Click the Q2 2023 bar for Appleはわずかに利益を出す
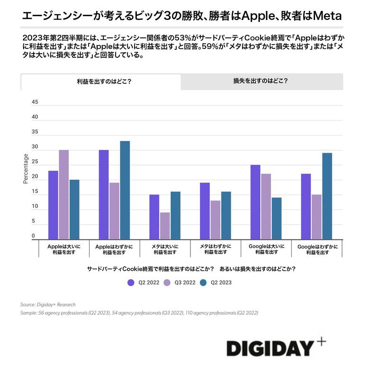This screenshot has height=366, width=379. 125,190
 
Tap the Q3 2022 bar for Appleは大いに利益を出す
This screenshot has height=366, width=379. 63,195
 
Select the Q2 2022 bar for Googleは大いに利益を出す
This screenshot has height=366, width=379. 255,202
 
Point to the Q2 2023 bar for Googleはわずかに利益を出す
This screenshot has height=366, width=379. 327,196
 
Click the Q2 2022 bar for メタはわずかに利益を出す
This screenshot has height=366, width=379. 205,210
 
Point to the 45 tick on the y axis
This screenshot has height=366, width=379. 35,102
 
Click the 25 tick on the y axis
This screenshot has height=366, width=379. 35,162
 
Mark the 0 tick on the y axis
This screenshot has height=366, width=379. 33,236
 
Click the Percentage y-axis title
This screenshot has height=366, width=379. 26,168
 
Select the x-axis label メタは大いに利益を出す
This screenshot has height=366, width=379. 164,249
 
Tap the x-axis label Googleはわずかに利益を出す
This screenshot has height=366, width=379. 317,249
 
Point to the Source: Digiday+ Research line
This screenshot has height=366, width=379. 48,304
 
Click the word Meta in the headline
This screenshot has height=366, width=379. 326,16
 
